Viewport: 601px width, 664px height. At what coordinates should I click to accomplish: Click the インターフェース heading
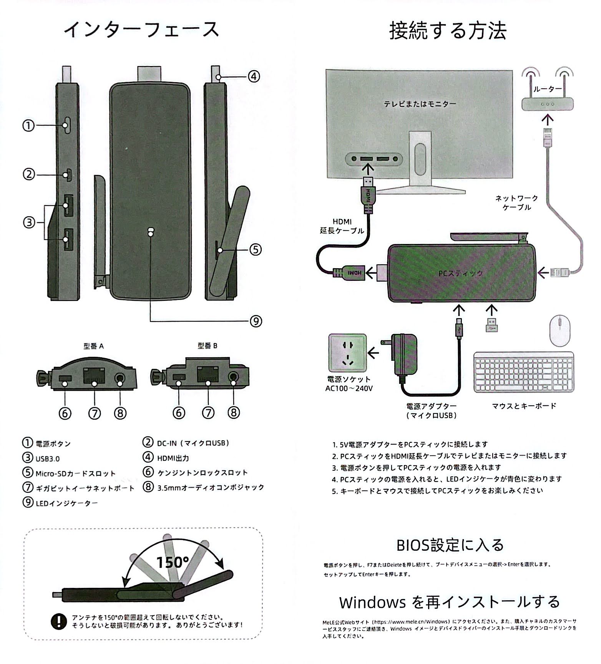click(141, 30)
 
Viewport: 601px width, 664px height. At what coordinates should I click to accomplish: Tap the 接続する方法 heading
click(448, 31)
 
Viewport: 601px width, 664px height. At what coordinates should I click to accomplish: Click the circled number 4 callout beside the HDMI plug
click(254, 76)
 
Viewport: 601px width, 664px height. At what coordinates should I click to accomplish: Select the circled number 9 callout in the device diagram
click(256, 321)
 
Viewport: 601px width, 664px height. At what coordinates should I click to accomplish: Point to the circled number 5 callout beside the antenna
click(256, 250)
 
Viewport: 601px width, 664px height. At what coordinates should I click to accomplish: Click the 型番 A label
click(93, 346)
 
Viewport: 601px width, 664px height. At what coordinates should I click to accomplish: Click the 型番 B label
click(208, 346)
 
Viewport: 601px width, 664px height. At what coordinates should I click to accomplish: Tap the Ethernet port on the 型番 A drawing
click(94, 375)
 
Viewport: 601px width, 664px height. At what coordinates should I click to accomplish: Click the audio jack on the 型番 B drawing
click(233, 375)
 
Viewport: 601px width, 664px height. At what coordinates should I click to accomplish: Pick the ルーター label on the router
click(548, 89)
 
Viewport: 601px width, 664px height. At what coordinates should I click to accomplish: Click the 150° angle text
click(173, 562)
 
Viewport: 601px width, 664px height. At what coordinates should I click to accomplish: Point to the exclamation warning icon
click(58, 621)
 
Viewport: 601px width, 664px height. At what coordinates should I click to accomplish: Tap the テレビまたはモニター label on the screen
click(420, 104)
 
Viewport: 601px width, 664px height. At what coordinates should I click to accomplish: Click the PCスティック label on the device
click(460, 274)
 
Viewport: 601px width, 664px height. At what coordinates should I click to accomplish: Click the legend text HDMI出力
click(173, 458)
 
